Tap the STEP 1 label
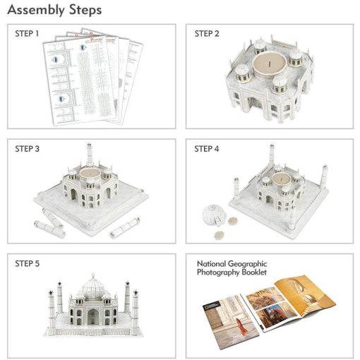(28, 33)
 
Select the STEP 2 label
(207, 33)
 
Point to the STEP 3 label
(28, 149)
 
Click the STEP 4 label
(207, 149)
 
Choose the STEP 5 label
(28, 264)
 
